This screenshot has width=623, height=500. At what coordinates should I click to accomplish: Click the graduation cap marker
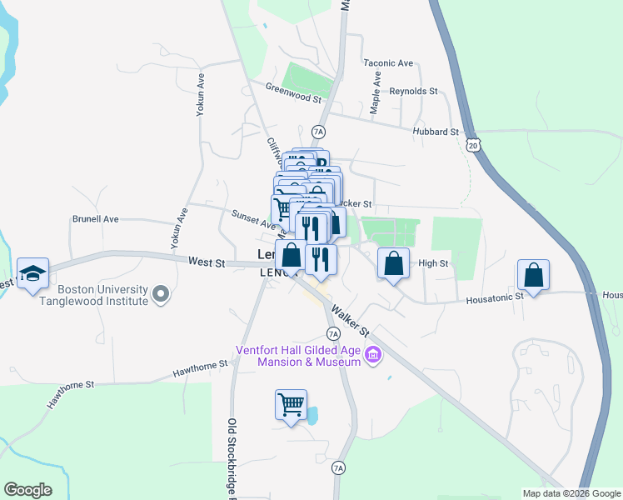(32, 273)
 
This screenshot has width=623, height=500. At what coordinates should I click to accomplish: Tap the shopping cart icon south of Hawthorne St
(291, 405)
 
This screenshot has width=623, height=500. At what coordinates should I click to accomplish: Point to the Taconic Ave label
(388, 62)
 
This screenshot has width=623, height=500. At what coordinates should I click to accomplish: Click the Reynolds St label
(413, 90)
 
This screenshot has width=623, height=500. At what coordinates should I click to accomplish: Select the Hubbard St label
(436, 132)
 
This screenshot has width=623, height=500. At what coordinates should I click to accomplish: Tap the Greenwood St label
(293, 92)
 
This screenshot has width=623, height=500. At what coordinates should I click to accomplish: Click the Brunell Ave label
(96, 219)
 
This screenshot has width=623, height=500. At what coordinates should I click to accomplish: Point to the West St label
(207, 262)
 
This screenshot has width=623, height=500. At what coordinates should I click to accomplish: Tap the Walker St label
(349, 323)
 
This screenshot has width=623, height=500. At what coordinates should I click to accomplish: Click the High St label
(433, 263)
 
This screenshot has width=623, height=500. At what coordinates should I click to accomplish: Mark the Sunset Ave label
(254, 219)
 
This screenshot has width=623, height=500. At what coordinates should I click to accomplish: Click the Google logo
(27, 490)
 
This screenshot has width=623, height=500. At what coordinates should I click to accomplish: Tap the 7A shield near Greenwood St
(317, 132)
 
